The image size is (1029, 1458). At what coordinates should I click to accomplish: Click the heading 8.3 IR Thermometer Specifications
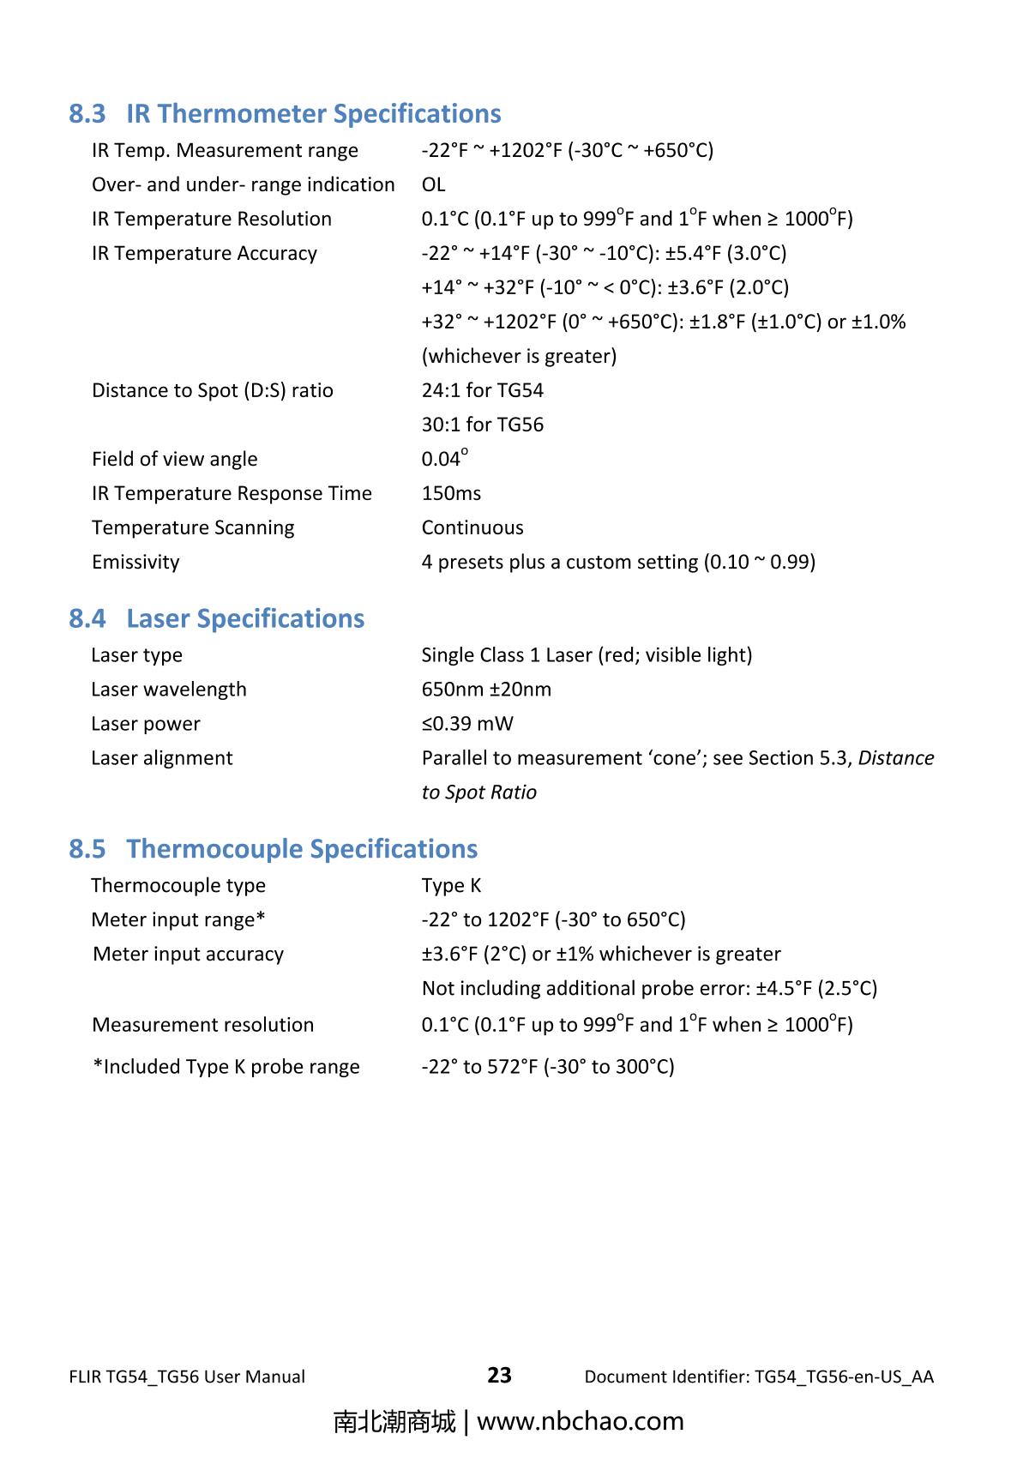[285, 113]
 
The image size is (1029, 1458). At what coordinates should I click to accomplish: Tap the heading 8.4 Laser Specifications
[216, 618]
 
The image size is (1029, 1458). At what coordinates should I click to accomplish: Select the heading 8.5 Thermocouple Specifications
[273, 848]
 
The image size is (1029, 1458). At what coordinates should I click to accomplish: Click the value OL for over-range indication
[433, 184]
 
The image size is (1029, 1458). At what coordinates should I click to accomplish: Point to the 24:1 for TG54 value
[482, 390]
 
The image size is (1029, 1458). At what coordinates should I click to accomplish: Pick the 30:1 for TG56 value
[482, 425]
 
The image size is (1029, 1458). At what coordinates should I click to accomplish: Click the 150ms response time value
[451, 493]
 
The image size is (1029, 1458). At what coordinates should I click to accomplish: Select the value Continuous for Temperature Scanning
[472, 527]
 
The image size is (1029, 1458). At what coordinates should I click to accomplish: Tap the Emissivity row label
[135, 562]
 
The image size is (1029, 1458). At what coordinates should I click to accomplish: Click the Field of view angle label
[174, 459]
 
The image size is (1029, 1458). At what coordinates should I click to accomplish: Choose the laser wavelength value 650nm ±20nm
[486, 690]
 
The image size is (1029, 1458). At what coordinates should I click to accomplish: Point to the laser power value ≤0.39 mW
[467, 724]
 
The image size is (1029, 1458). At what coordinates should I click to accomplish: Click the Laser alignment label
[161, 758]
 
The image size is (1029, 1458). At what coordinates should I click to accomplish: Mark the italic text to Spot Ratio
[478, 792]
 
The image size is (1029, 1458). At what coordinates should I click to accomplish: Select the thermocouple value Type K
[451, 885]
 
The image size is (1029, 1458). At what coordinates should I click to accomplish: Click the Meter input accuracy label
[188, 954]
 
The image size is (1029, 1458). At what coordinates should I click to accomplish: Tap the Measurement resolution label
[202, 1025]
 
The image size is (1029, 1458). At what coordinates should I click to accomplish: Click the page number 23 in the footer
[499, 1375]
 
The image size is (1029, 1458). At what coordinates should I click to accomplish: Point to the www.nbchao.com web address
[580, 1421]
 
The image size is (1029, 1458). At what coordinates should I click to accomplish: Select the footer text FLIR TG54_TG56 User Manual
[186, 1377]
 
